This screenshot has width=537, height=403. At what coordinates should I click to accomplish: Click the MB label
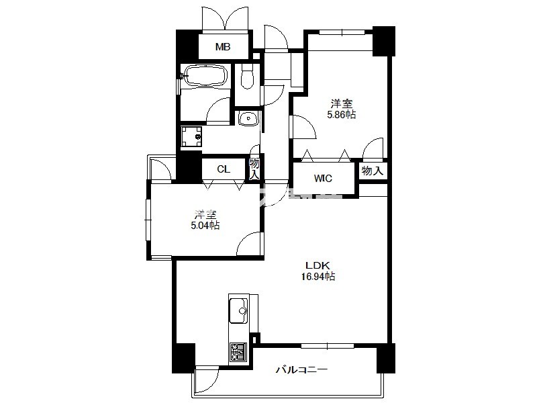(223, 46)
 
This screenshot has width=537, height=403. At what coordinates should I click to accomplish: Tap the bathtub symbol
(205, 76)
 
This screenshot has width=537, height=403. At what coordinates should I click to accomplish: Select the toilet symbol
(246, 77)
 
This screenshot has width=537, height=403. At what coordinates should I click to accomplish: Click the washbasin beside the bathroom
(248, 119)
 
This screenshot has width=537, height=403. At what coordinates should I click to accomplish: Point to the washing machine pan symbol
(191, 137)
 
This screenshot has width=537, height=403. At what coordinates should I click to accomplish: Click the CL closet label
(224, 169)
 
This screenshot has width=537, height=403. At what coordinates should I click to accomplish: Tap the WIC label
(323, 178)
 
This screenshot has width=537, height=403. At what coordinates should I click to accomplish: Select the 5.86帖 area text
(342, 114)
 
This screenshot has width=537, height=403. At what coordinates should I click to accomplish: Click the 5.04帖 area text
(205, 226)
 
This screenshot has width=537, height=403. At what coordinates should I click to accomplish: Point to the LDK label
(318, 265)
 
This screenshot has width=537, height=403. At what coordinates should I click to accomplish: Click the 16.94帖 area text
(318, 276)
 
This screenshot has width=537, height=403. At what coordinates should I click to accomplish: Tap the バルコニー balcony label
(301, 370)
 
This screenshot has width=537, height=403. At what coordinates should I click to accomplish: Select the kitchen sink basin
(238, 310)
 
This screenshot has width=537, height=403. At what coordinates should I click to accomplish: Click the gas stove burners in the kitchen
(238, 351)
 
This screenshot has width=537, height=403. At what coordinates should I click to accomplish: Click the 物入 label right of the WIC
(373, 171)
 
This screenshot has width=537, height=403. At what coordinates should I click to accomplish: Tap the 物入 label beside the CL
(254, 169)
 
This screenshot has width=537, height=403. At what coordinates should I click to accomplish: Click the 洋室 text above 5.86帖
(342, 103)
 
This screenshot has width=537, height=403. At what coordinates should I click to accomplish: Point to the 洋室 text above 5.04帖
(205, 215)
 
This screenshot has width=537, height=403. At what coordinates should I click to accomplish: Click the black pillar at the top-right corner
(384, 41)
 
